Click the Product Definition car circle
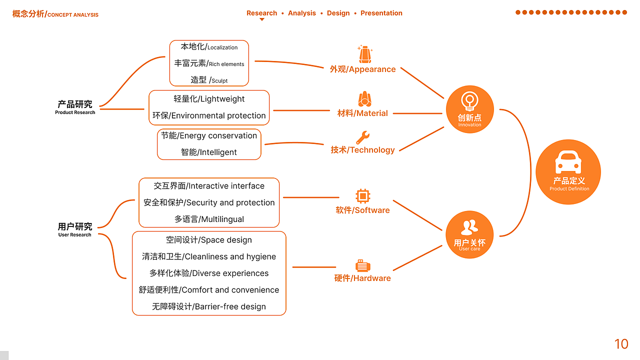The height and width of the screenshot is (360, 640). tap(568, 172)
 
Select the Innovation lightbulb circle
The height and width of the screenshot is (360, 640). tap(469, 109)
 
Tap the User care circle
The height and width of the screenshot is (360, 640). tap(469, 234)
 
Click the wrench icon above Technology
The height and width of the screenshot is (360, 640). tap(362, 137)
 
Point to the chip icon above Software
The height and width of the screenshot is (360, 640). tap(362, 195)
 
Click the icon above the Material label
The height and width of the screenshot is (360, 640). tap(364, 99)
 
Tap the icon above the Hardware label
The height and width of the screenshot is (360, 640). tap(362, 265)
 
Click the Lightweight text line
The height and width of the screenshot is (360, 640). tap(209, 99)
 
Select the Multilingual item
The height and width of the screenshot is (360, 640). tap(209, 219)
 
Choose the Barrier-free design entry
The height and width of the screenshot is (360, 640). tap(209, 306)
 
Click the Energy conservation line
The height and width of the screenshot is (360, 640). tap(209, 135)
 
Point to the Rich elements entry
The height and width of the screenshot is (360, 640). tap(209, 63)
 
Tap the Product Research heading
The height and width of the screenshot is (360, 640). tap(75, 107)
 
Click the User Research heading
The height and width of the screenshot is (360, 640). tap(75, 229)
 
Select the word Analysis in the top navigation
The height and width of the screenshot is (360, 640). tap(302, 13)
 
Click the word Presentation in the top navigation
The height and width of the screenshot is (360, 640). tap(381, 13)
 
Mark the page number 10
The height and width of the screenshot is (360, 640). tap(621, 344)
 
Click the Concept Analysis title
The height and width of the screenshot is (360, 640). tap(55, 14)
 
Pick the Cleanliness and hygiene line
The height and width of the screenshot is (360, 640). tap(209, 256)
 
